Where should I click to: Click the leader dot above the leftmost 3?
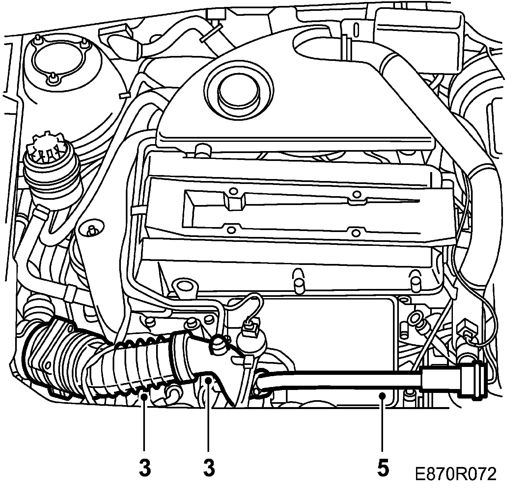tap(144, 397)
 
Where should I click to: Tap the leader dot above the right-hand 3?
tap(208, 381)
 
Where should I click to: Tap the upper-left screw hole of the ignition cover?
tap(233, 191)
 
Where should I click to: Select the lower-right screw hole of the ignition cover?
tap(355, 233)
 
